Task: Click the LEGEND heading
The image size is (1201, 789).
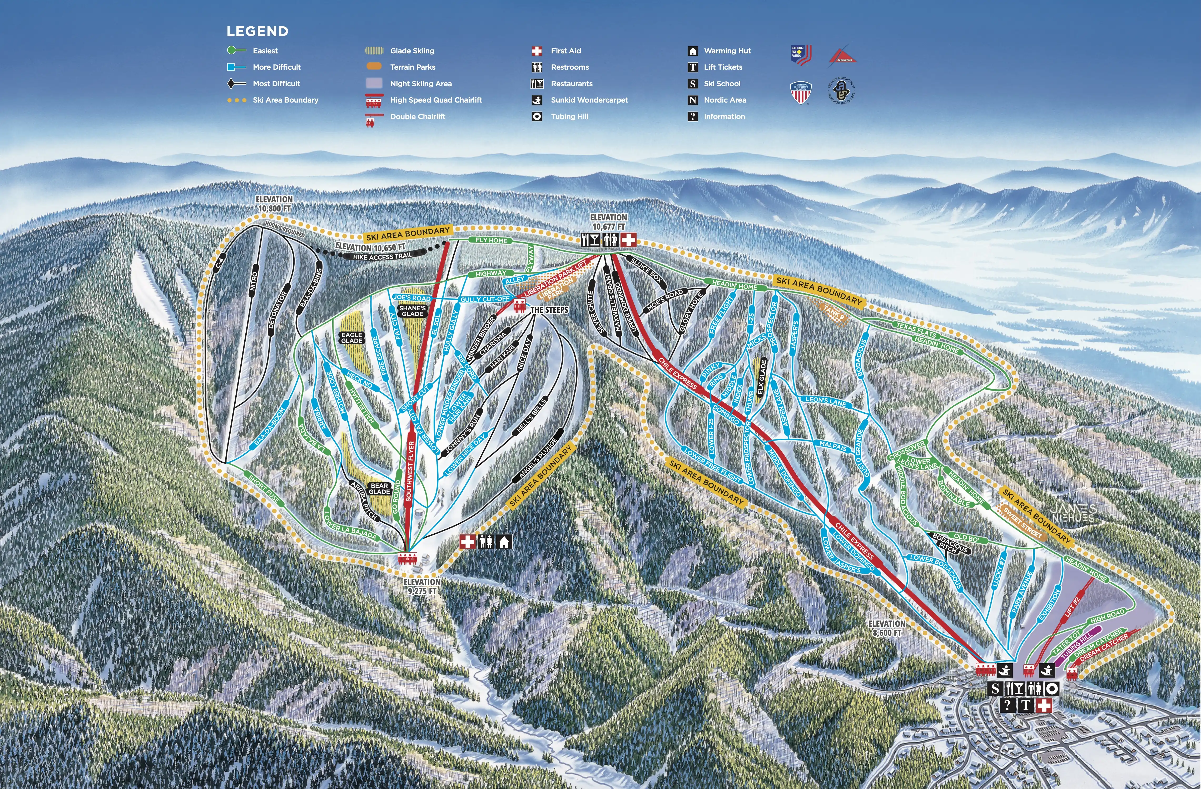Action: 257,31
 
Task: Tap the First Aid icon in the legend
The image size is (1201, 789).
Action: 537,51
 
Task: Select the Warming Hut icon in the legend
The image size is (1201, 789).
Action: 693,51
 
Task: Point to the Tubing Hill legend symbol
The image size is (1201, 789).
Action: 537,117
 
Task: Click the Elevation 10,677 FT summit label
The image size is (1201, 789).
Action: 609,222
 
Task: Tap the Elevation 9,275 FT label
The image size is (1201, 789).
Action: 422,586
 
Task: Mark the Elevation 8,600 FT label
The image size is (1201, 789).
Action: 887,628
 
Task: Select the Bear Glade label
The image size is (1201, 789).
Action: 379,489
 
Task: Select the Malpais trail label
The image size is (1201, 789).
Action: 833,446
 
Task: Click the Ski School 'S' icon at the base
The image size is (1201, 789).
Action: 995,689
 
